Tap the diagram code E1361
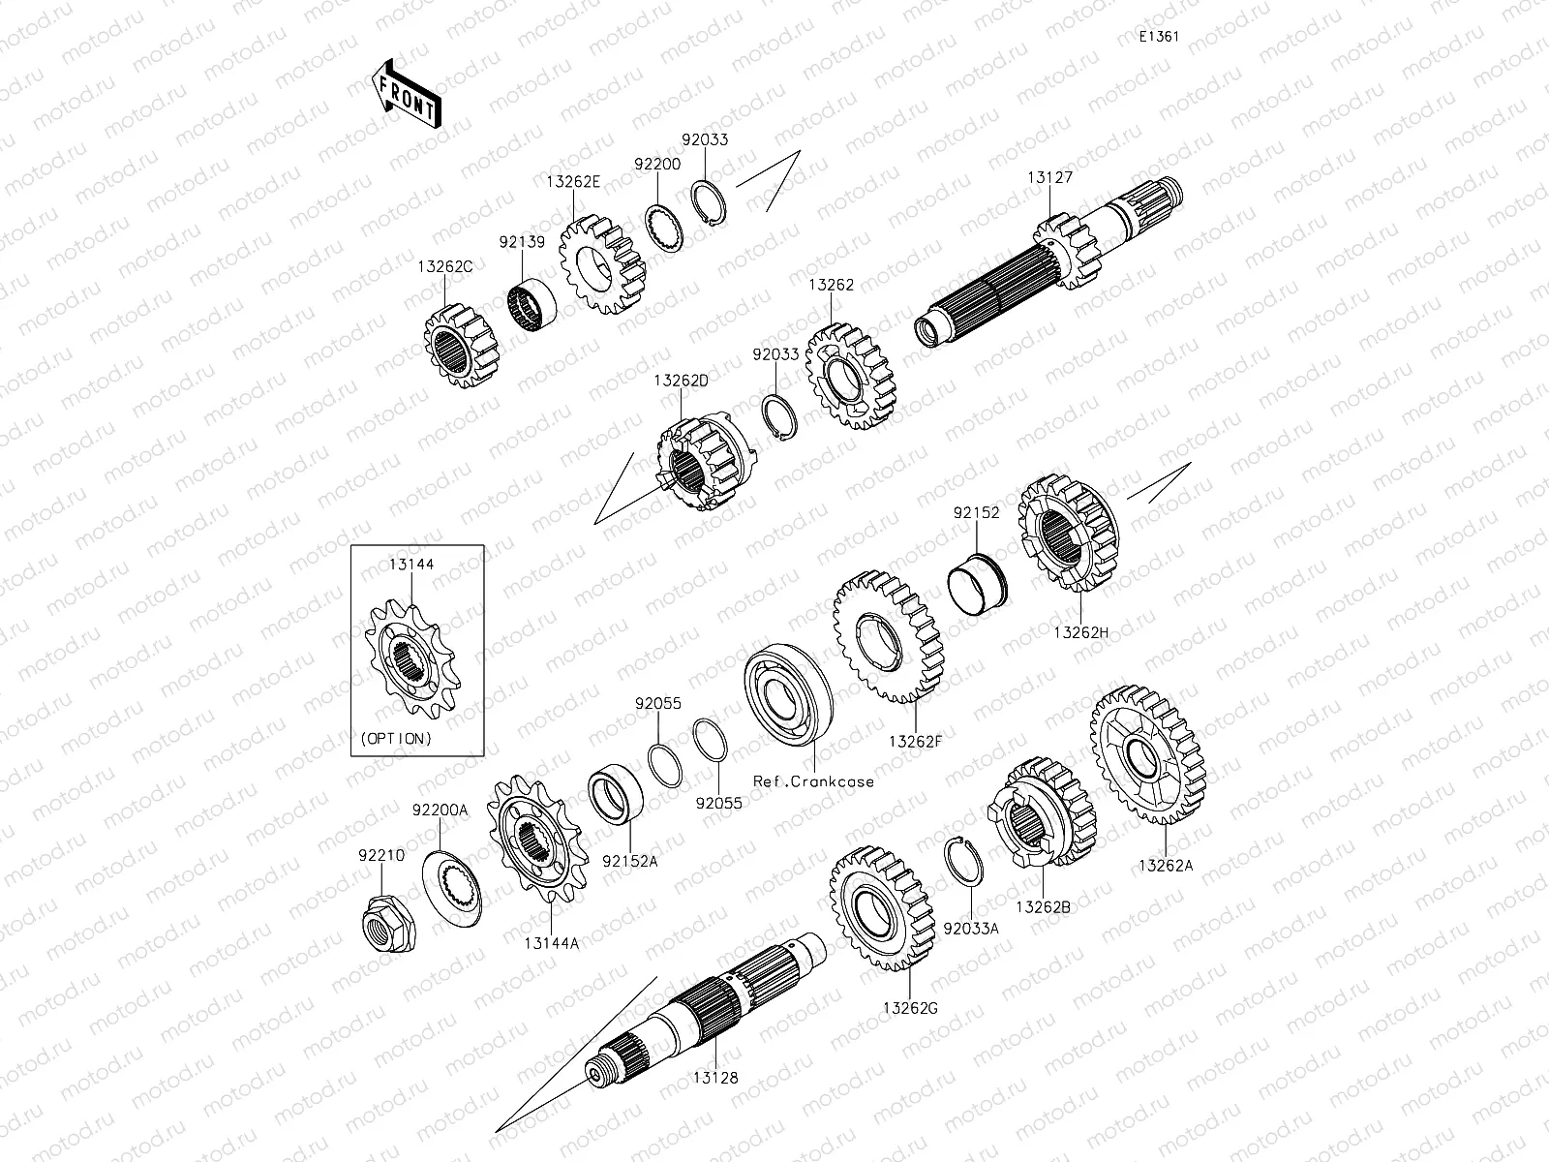pyautogui.click(x=1159, y=37)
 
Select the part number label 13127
pyautogui.click(x=1049, y=178)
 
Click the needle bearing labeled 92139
pyautogui.click(x=532, y=307)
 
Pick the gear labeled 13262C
pyautogui.click(x=461, y=346)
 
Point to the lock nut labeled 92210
pyautogui.click(x=387, y=922)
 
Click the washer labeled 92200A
pyautogui.click(x=452, y=889)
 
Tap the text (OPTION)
pyautogui.click(x=396, y=739)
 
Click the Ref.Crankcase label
pyautogui.click(x=813, y=781)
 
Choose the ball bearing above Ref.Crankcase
pyautogui.click(x=788, y=694)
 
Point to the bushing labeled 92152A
pyautogui.click(x=616, y=794)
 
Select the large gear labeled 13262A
pyautogui.click(x=1148, y=755)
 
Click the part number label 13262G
pyautogui.click(x=910, y=1009)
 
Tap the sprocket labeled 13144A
pyautogui.click(x=537, y=840)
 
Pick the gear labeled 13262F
pyautogui.click(x=888, y=637)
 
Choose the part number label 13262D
pyautogui.click(x=681, y=381)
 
